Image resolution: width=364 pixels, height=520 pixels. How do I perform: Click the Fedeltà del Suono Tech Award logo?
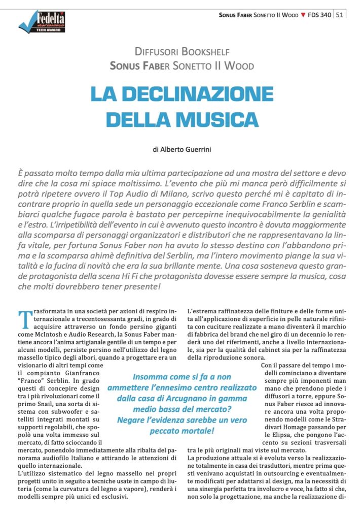pos(42,22)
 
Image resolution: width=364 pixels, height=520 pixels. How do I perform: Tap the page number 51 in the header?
pos(340,15)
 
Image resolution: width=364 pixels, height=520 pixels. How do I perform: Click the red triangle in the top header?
pos(303,15)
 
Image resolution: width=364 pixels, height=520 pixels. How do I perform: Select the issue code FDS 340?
pos(319,15)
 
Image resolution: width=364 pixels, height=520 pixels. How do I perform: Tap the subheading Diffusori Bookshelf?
pos(182,51)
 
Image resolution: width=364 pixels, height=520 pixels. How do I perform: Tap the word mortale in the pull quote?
pos(196,431)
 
